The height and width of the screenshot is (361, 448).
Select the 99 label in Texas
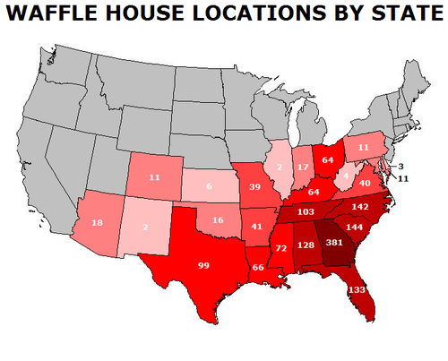click(x=205, y=265)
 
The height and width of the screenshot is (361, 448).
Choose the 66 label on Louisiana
click(x=257, y=268)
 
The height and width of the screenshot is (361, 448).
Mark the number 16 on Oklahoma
click(x=218, y=219)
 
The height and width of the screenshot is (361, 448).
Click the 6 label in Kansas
click(x=208, y=187)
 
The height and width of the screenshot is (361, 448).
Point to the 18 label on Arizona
click(x=98, y=221)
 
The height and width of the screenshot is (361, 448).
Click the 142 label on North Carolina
click(x=361, y=206)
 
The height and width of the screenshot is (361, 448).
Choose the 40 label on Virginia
click(x=365, y=183)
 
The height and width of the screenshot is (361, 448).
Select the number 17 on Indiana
click(x=302, y=168)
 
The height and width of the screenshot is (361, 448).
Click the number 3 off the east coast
click(x=402, y=167)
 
